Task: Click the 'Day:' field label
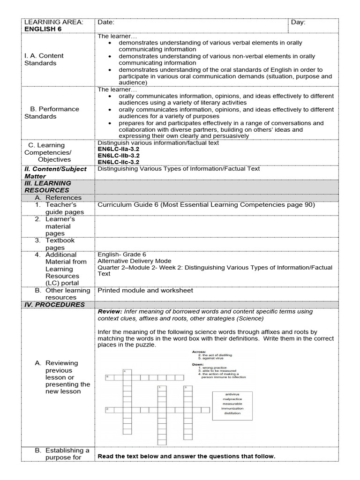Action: [x=298, y=22]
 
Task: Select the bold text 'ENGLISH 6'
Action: [x=43, y=29]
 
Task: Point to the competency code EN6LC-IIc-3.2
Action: [x=118, y=162]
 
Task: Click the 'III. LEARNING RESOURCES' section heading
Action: [x=47, y=187]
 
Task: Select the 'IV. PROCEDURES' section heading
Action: [x=54, y=305]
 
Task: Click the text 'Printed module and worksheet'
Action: [x=145, y=291]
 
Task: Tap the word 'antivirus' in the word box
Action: [x=232, y=394]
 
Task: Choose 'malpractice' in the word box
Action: [x=232, y=399]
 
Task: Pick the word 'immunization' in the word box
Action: [x=232, y=408]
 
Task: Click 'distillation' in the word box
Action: [x=232, y=413]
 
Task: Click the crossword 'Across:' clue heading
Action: [x=199, y=352]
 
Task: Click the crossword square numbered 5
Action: [x=107, y=377]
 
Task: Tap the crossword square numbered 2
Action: [x=107, y=410]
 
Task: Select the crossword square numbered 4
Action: [x=125, y=371]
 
